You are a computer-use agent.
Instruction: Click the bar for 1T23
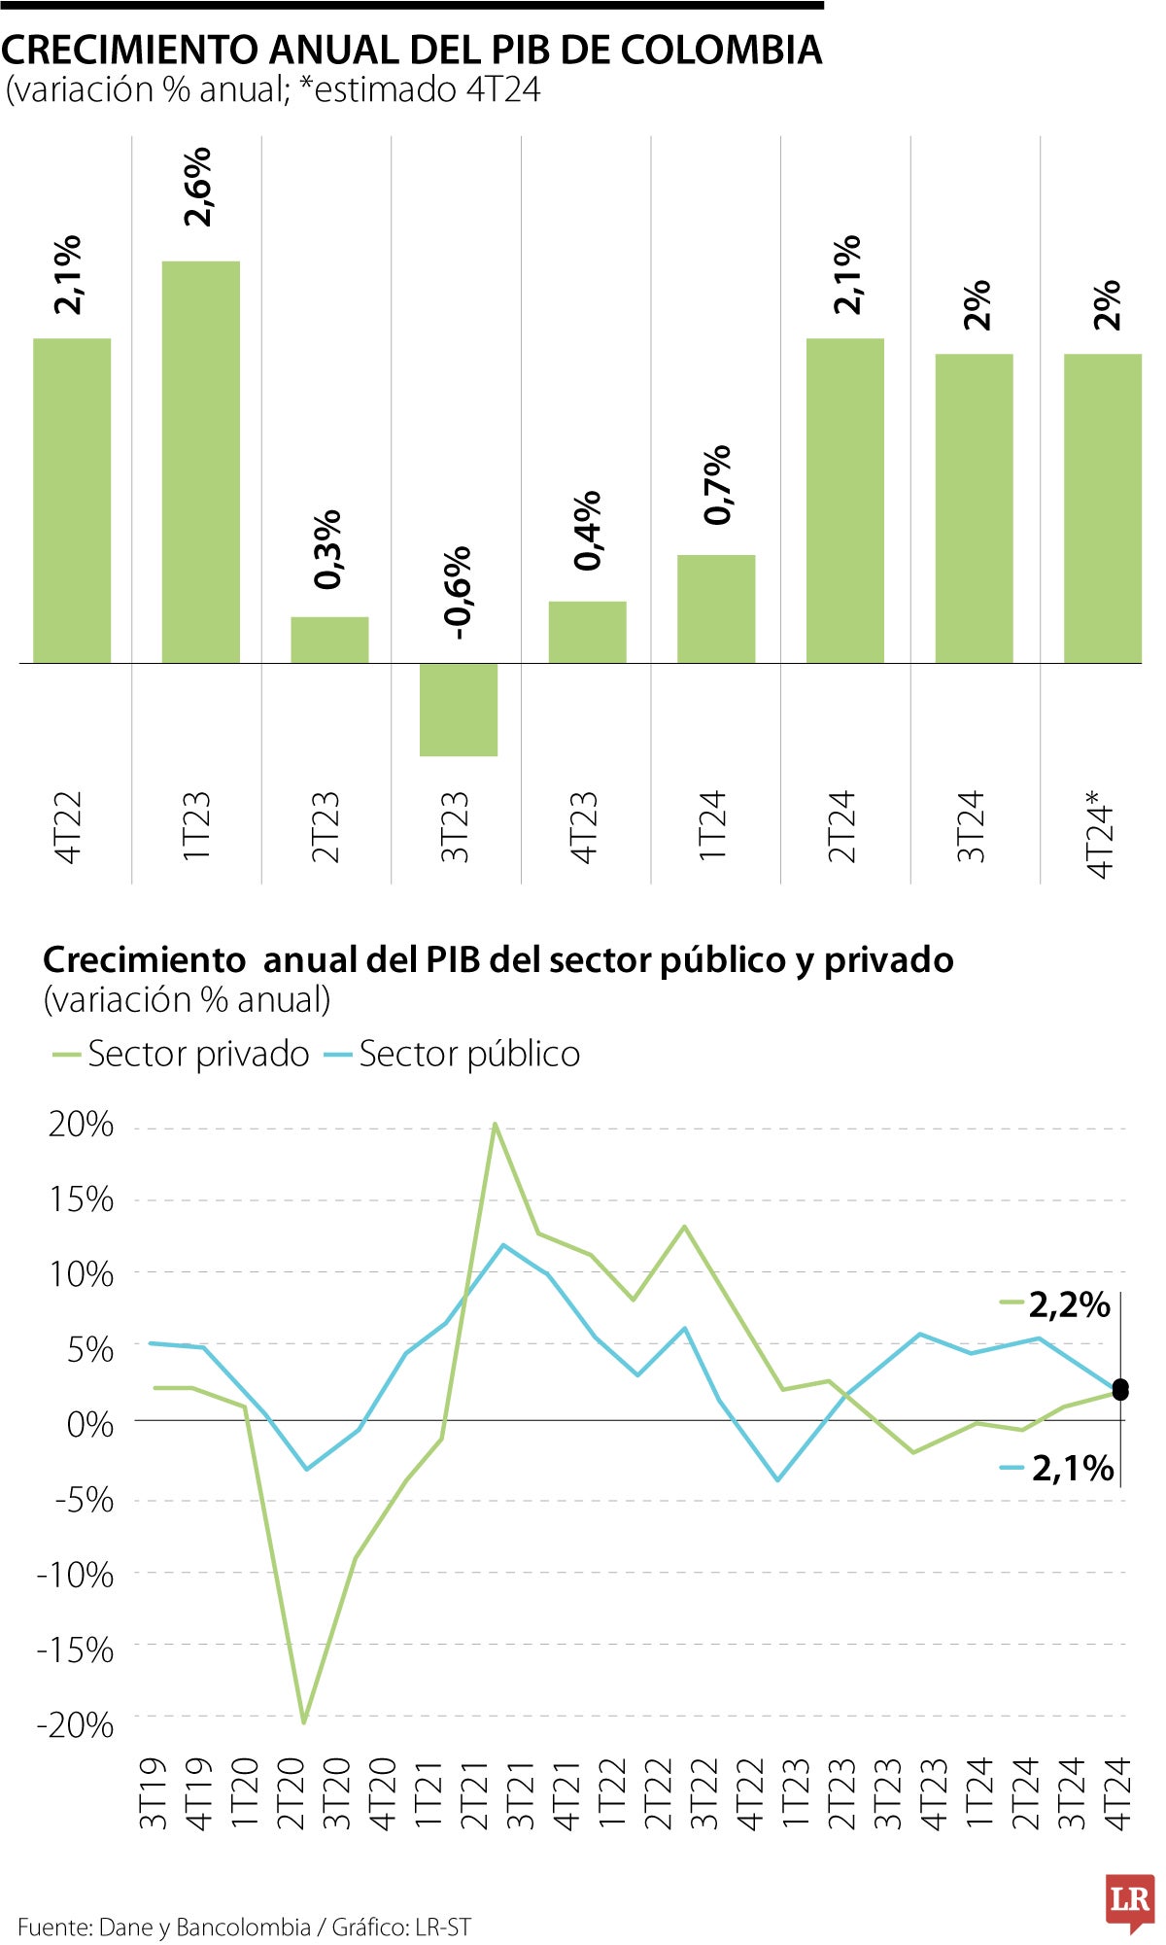pyautogui.click(x=200, y=462)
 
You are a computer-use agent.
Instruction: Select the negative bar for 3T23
pyautogui.click(x=458, y=709)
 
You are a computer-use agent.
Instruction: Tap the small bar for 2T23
pyautogui.click(x=329, y=640)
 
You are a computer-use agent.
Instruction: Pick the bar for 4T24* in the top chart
pyautogui.click(x=1102, y=507)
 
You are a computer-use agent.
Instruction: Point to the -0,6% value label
pyautogui.click(x=457, y=592)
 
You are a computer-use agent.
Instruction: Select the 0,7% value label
pyautogui.click(x=717, y=484)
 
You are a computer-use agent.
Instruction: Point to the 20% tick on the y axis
pyautogui.click(x=82, y=1125)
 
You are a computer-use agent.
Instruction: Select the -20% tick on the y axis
pyautogui.click(x=75, y=1724)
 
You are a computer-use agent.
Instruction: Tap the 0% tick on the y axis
pyautogui.click(x=90, y=1424)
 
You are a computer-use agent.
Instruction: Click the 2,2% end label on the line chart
pyautogui.click(x=1069, y=1304)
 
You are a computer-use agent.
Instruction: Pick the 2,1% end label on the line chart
pyautogui.click(x=1072, y=1468)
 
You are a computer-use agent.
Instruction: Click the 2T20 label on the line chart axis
pyautogui.click(x=291, y=1793)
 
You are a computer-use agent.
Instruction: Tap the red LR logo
pyautogui.click(x=1129, y=1900)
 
